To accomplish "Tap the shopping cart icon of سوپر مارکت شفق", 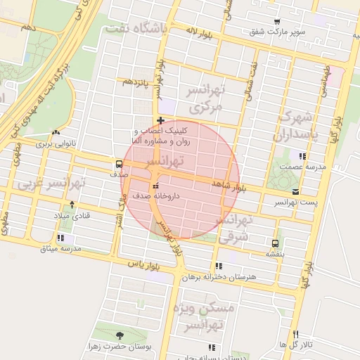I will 276,22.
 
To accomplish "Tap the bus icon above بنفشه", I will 274,243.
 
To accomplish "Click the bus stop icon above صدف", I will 118,164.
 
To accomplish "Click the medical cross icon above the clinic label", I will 161,120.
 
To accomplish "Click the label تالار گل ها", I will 295,345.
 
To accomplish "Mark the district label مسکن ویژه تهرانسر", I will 210,317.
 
